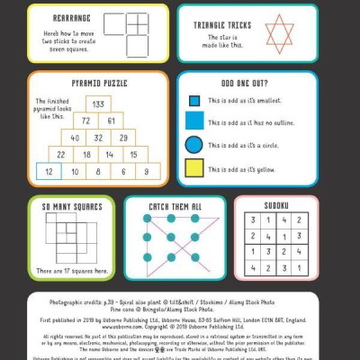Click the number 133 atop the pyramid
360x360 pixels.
[98, 104]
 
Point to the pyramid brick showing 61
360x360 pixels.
[110, 121]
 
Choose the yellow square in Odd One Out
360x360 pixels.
[193, 167]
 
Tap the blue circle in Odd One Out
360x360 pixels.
[193, 144]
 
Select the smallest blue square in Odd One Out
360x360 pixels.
[193, 102]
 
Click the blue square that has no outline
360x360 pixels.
[193, 121]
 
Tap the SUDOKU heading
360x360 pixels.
[276, 206]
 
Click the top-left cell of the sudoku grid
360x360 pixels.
[255, 220]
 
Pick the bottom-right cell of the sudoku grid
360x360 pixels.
[299, 266]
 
